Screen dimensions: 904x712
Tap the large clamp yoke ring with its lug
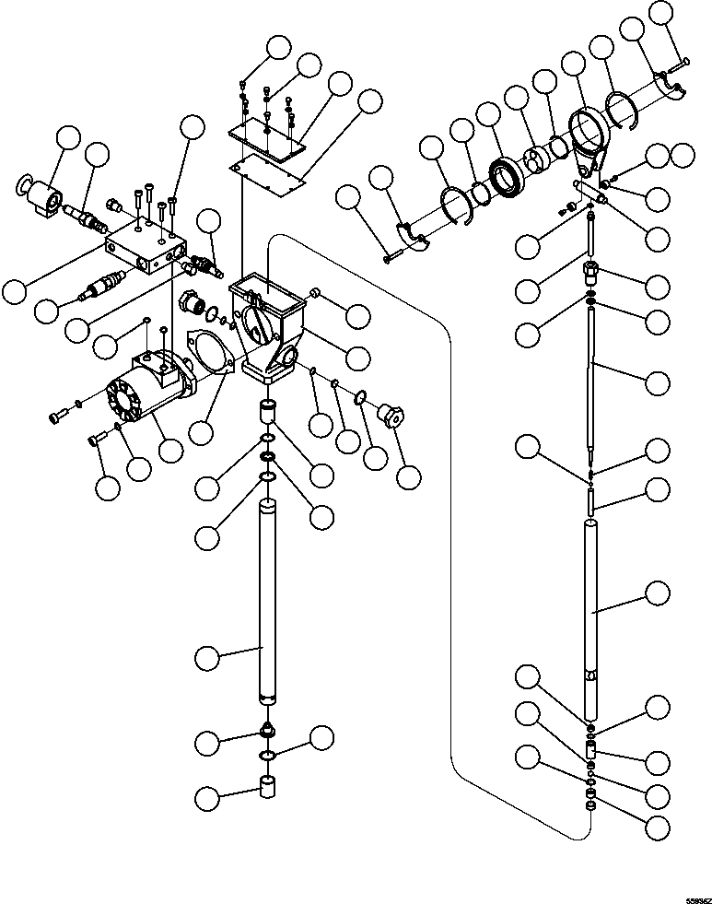[x=584, y=142]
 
